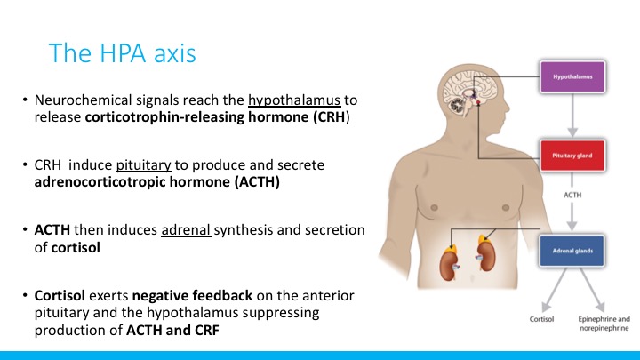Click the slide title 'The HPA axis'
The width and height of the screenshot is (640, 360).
[x=122, y=53]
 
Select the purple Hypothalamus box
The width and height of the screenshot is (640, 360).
[x=572, y=76]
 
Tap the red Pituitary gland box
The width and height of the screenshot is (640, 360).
[x=572, y=156]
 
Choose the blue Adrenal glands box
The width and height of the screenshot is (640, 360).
[x=572, y=251]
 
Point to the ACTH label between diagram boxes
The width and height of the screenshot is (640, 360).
[x=572, y=195]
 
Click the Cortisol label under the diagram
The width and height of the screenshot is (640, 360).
[x=541, y=319]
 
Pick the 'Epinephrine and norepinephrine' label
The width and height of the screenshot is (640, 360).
[x=604, y=324]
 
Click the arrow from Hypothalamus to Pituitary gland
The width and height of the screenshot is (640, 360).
[x=572, y=115]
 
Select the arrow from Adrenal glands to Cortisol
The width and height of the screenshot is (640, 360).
[x=554, y=290]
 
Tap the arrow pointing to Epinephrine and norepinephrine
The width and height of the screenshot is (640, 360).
[x=592, y=290]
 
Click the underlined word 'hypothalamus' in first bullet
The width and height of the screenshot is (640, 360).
[x=294, y=100]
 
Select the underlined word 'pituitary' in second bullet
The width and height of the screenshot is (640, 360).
[x=143, y=165]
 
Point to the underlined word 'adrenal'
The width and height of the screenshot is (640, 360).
[x=186, y=230]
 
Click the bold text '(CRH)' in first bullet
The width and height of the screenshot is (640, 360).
[x=332, y=117]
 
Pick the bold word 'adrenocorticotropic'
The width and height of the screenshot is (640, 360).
[x=100, y=182]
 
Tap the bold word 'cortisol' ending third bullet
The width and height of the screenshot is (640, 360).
[x=76, y=247]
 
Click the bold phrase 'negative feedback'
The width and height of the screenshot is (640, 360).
[x=192, y=295]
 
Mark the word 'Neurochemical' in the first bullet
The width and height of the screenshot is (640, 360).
[x=84, y=100]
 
